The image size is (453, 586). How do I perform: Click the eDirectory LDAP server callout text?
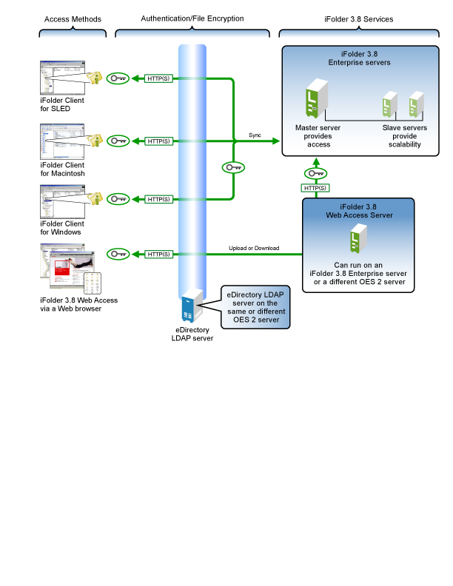click(255, 307)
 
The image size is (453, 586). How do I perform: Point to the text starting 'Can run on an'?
click(358, 273)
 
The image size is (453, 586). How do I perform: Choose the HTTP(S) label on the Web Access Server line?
click(158, 254)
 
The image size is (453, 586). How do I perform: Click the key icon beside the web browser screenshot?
click(118, 254)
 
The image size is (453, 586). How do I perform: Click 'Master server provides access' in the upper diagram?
click(318, 136)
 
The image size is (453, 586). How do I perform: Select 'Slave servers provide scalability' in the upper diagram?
click(405, 136)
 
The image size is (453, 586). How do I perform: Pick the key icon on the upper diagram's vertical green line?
click(233, 168)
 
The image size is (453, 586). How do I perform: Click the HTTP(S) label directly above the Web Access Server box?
click(315, 188)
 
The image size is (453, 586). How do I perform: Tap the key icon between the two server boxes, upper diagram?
click(315, 173)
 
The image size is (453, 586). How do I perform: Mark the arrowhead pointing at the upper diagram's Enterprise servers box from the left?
click(278, 141)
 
